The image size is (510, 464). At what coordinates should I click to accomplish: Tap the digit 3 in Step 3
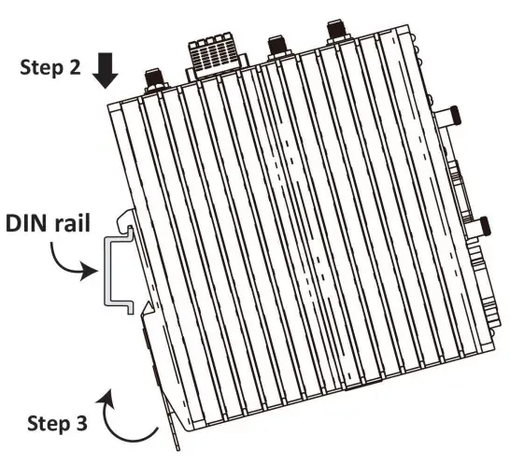pos(81,421)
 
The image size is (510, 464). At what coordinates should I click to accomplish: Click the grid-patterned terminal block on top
pos(216,52)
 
